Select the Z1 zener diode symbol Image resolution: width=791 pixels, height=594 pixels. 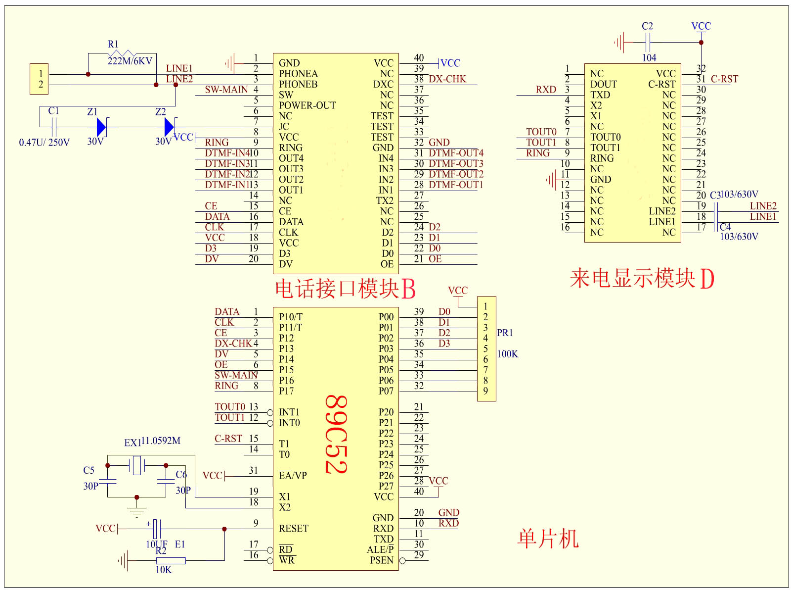pos(101,127)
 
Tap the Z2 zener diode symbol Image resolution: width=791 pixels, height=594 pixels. pos(169,127)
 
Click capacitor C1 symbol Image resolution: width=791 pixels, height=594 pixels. pos(54,127)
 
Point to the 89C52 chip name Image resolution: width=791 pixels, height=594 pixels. pos(337,434)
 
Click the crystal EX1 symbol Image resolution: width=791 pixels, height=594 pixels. pos(137,465)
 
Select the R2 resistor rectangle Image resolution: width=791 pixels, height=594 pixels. pos(171,561)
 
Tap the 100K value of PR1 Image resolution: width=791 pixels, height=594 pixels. pos(508,354)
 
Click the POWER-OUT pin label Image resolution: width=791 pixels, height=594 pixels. pos(307,105)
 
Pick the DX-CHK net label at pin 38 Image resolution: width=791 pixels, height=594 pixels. pos(447,79)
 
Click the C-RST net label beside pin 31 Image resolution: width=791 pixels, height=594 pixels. pos(724,79)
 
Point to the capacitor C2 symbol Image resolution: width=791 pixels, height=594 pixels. pos(648,42)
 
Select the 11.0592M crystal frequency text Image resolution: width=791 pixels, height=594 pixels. pos(161,441)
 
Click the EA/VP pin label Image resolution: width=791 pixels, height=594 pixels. pos(293,476)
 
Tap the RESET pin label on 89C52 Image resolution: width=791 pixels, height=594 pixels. pos(293,529)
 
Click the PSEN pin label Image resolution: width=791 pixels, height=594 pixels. pos(382,560)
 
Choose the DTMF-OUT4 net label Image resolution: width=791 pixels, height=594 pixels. pos(456,153)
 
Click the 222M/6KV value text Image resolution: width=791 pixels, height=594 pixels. pos(130,61)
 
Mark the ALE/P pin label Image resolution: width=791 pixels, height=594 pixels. pos(380,549)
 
